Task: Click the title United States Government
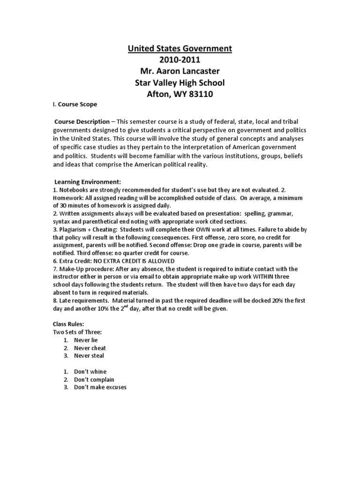[180, 48]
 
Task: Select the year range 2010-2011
[180, 60]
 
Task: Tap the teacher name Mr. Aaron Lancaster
[180, 71]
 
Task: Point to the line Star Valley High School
[180, 82]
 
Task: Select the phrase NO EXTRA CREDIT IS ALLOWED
[132, 261]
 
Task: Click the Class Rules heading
[65, 324]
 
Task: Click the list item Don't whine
[90, 372]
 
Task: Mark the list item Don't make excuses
[100, 388]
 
